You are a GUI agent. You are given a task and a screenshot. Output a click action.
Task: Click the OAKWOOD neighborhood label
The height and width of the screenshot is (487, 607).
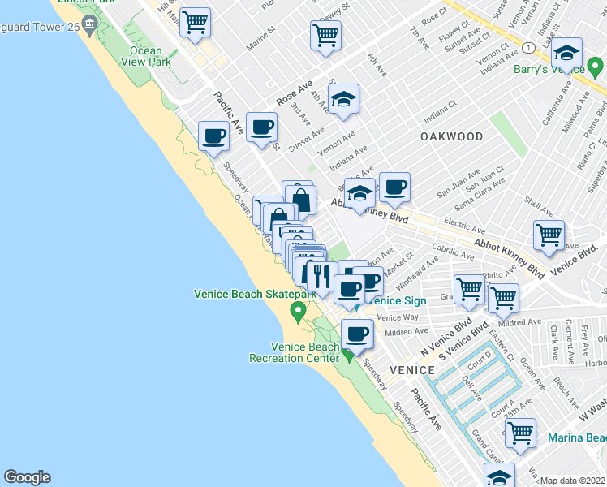[452, 137]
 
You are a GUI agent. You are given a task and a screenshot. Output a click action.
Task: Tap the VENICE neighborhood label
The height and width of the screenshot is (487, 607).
[411, 369]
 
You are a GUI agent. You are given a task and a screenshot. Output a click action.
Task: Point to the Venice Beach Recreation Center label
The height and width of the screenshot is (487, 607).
[294, 352]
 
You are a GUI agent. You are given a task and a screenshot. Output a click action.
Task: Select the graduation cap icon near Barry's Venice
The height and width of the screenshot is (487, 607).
[566, 54]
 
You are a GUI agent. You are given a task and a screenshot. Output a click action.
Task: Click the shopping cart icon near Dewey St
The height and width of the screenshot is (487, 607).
[325, 35]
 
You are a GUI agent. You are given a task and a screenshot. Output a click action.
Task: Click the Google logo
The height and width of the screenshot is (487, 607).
[27, 477]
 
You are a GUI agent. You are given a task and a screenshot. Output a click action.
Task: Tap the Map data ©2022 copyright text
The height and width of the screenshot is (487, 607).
[573, 481]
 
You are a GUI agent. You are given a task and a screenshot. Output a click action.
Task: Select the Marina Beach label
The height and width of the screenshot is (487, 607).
[576, 438]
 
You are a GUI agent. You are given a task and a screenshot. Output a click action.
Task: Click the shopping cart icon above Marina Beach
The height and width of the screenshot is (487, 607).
[519, 432]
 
